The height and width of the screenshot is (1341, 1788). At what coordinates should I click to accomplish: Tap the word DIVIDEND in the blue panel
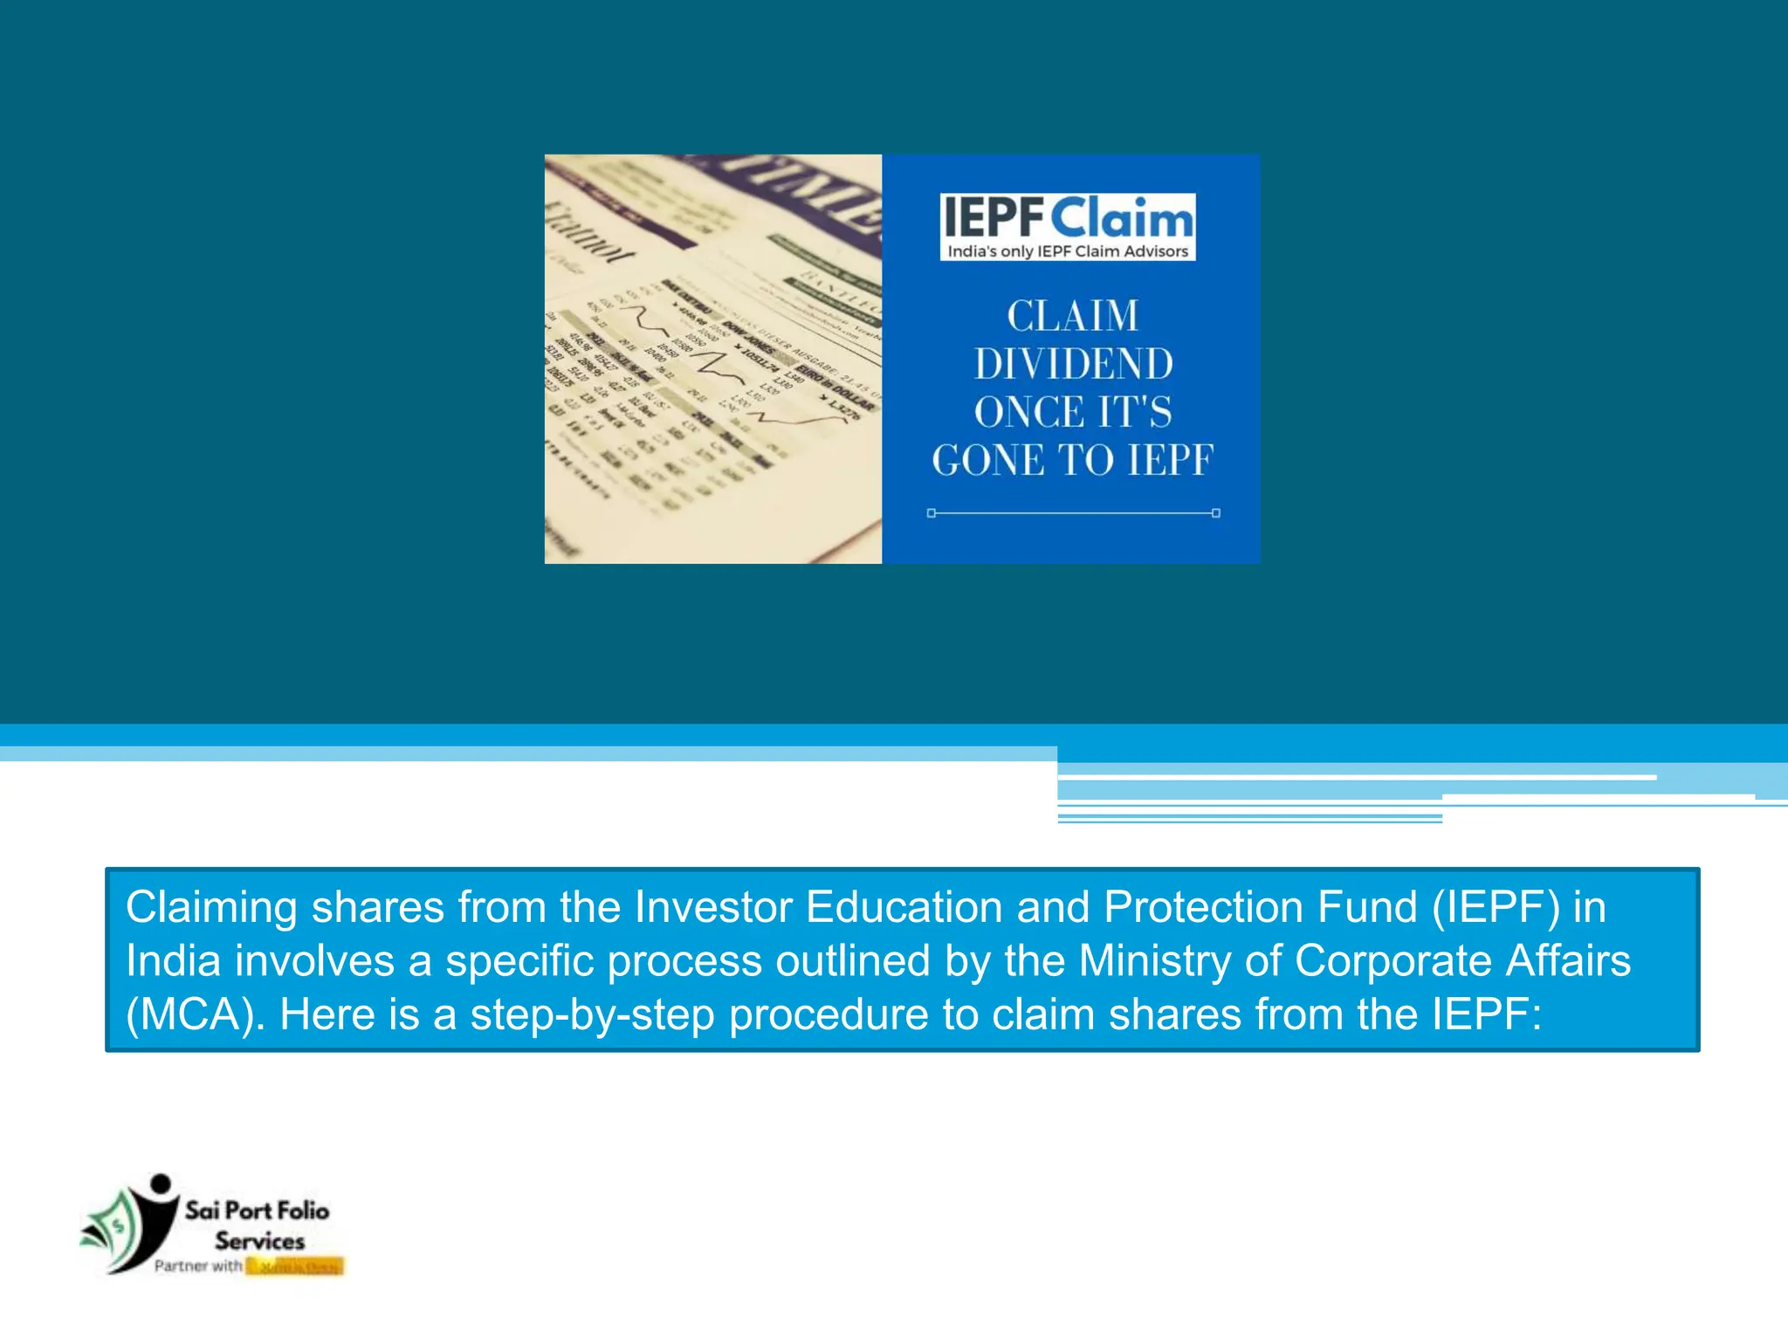[1073, 364]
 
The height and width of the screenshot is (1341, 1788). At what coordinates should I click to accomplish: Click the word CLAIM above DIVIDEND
[1073, 316]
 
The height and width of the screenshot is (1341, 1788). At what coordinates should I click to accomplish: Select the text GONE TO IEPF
[1073, 460]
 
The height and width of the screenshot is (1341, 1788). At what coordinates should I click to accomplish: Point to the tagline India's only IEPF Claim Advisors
[1068, 251]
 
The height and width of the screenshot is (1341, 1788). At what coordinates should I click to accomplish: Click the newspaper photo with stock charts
[712, 359]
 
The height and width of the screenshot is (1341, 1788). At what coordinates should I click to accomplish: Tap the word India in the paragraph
[173, 960]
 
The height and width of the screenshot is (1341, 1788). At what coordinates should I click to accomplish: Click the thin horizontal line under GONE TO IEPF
[1073, 513]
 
